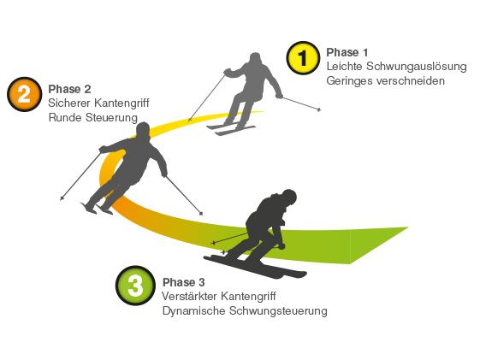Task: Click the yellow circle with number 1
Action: coord(303,58)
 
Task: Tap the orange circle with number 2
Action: coord(24,94)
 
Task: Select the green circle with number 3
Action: coord(135,286)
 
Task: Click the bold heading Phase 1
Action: coord(347,52)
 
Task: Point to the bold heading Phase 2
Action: coord(69,89)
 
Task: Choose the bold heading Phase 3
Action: coord(184,282)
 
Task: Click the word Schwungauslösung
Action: coord(417,67)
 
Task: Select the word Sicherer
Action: coord(70,103)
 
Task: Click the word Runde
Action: coord(65,118)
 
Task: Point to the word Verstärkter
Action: coord(189,296)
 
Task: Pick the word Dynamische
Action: coord(193,311)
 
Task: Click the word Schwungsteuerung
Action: coord(278,311)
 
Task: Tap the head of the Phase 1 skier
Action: coord(255,58)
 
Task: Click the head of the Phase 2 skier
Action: coord(143,130)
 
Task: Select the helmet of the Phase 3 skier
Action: coord(289,197)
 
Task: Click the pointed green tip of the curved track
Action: coord(408,227)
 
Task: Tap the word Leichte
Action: coord(345,67)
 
